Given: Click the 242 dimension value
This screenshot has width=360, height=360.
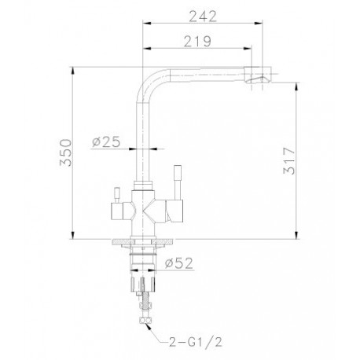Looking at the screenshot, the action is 203,17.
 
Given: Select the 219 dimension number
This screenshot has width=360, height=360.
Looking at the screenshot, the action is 197,42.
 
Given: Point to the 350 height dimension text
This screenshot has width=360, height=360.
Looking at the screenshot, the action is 65,152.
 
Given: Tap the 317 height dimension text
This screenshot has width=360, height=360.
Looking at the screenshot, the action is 289,161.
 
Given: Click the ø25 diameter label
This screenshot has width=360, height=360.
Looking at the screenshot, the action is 106,142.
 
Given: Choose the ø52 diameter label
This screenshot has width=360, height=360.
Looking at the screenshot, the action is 178,263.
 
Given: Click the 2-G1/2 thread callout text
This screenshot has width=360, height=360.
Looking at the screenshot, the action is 196,342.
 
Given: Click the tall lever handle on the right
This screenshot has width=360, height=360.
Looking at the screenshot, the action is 178,182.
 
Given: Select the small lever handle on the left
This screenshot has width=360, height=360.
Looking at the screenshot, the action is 116,195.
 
